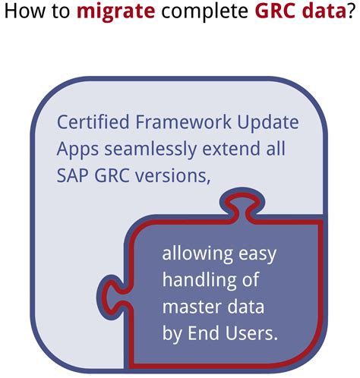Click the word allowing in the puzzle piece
(x=189, y=255)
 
